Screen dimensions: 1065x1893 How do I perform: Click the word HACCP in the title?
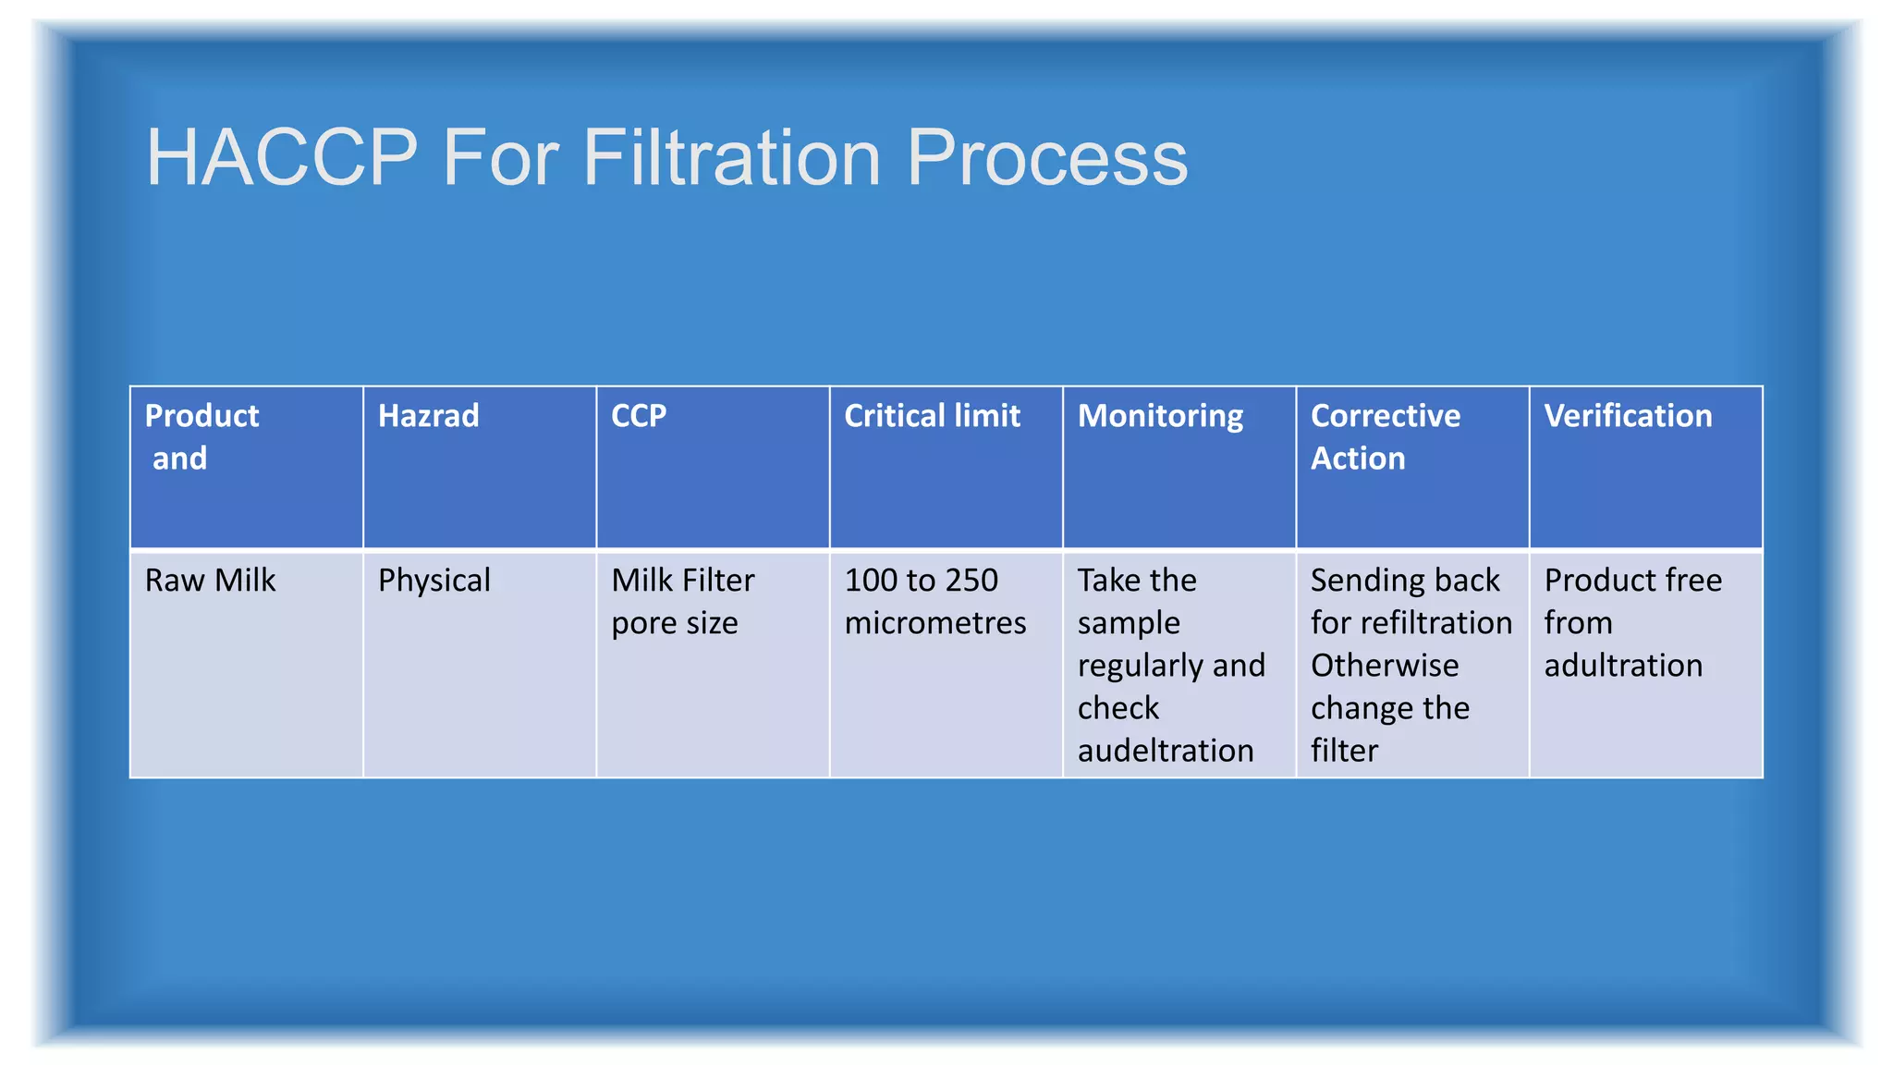click(281, 158)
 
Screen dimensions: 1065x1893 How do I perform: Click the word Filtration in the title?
click(731, 158)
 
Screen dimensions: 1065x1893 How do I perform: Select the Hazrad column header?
click(428, 416)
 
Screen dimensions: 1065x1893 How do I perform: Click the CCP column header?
click(639, 416)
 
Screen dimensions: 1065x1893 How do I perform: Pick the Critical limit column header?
click(932, 416)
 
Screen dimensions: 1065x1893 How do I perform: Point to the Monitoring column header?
click(1160, 417)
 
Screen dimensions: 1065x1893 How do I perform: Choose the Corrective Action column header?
click(1385, 436)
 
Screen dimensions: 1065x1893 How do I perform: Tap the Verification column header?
click(1628, 416)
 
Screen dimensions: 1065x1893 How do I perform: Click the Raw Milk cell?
click(211, 581)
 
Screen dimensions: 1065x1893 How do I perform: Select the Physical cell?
click(434, 581)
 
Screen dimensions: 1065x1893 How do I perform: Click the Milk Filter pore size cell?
click(682, 601)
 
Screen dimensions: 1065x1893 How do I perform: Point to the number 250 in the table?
click(971, 581)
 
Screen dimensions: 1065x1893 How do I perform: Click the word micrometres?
click(934, 623)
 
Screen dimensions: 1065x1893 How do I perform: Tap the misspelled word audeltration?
click(1165, 751)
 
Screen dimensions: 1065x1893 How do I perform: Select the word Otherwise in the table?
click(1385, 666)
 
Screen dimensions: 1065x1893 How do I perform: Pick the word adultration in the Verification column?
click(1623, 666)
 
